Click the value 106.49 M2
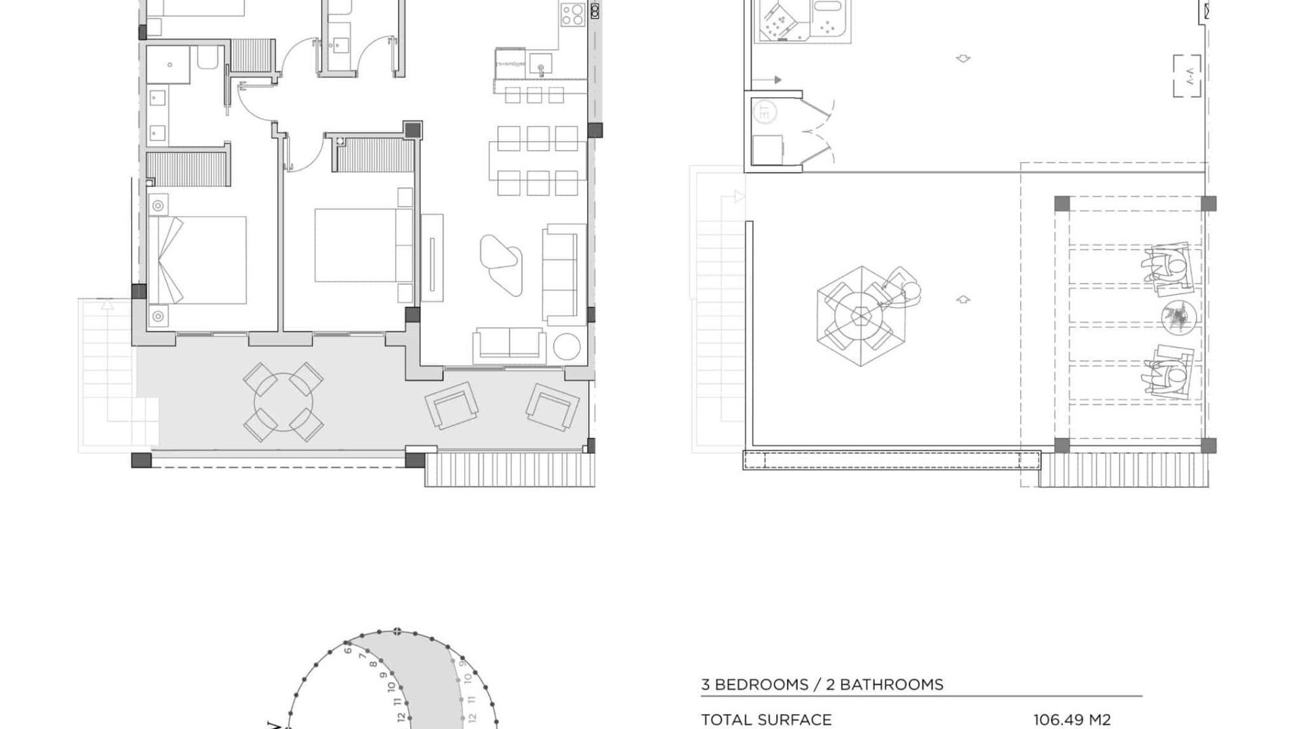1071,720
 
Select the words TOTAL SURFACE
766,720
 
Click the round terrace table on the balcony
284,403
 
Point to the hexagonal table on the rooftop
861,315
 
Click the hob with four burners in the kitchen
572,15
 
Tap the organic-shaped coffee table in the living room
501,263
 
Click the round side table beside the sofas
567,347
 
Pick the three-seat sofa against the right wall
560,275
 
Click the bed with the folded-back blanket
197,260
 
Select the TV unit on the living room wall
432,257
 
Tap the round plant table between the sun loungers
1179,316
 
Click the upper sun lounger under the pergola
1167,269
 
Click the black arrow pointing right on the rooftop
777,80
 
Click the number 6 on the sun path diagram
348,650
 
